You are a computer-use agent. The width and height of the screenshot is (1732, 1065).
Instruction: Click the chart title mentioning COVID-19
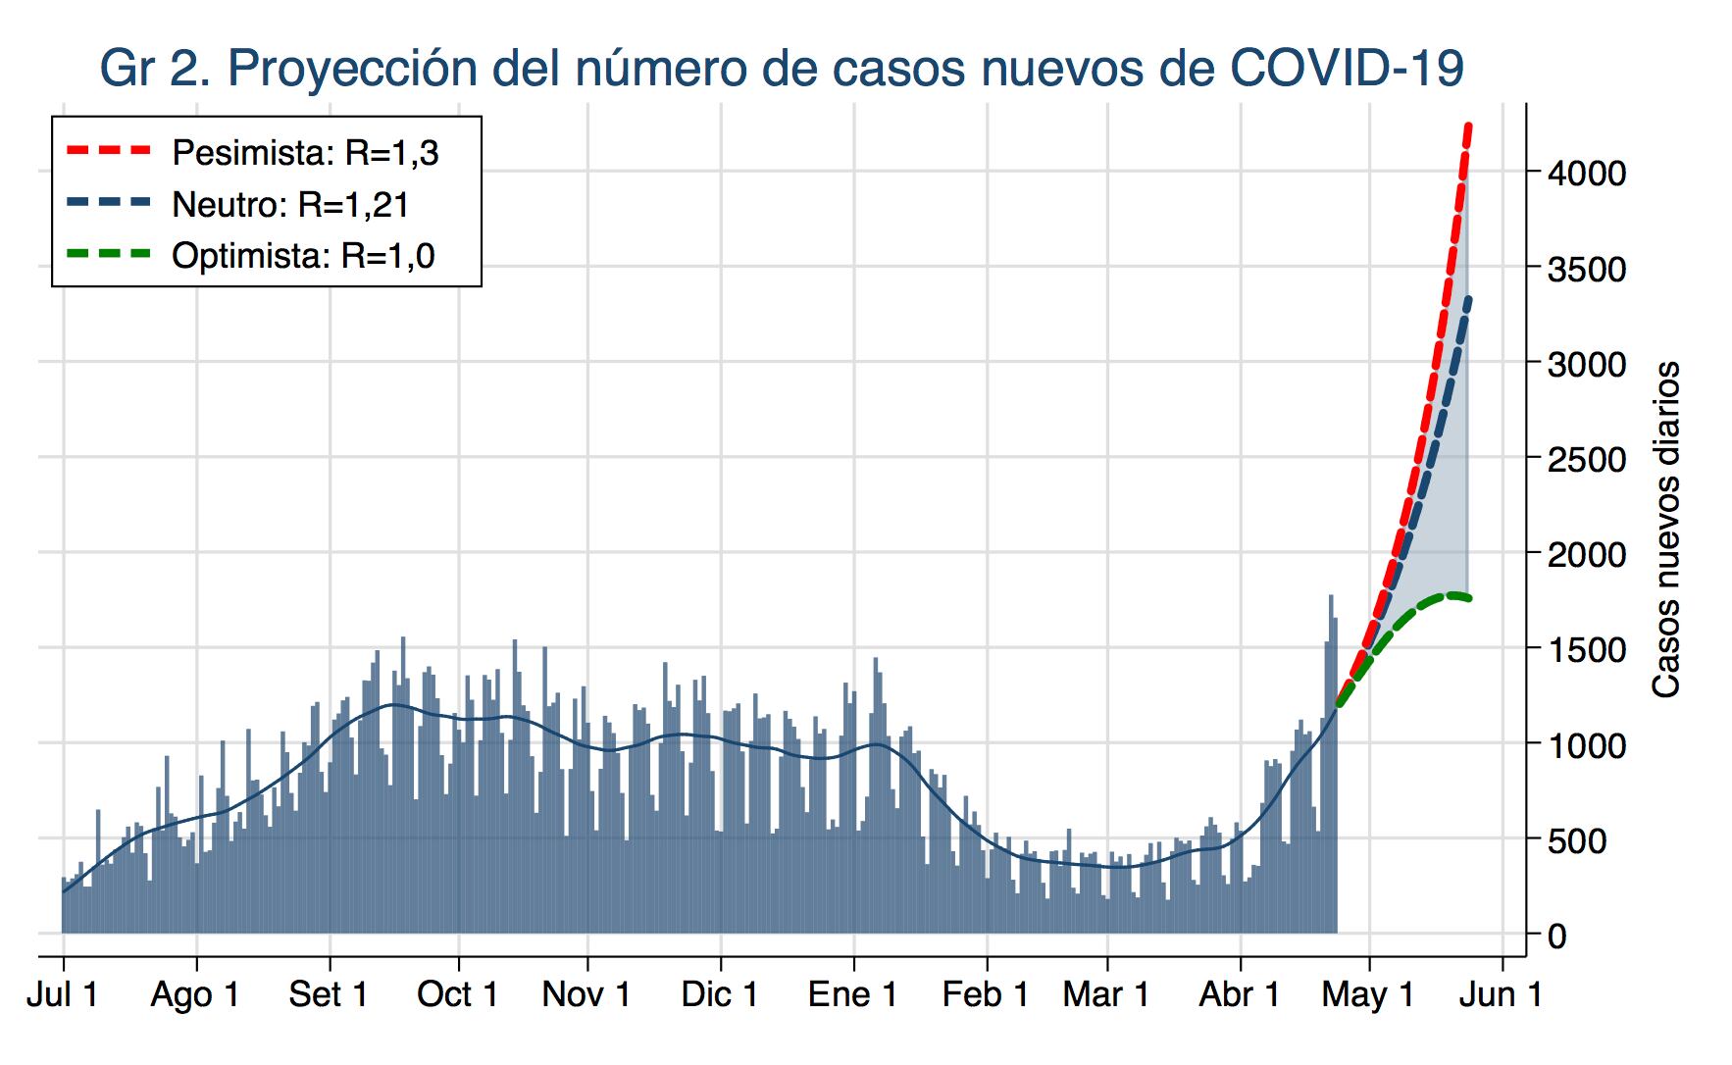(782, 69)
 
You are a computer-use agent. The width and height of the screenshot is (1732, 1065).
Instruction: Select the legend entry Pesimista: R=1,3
(305, 153)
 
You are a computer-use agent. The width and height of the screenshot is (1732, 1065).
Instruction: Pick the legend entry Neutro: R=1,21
(290, 204)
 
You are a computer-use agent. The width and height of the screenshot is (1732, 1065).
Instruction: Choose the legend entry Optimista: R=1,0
(303, 256)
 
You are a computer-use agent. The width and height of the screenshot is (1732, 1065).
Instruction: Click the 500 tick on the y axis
(1576, 840)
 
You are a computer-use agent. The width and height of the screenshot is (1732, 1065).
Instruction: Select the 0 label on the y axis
(1557, 936)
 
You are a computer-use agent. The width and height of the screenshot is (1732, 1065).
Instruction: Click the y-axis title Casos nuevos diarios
(1666, 530)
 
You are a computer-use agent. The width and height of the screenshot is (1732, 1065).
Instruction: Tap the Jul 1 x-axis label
(63, 994)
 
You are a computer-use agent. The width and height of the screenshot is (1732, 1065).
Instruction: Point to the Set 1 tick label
(329, 994)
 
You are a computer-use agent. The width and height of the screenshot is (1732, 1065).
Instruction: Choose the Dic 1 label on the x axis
(720, 994)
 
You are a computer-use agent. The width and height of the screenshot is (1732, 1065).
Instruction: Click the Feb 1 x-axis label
(986, 994)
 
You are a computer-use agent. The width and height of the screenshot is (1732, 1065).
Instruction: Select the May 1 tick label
(1368, 994)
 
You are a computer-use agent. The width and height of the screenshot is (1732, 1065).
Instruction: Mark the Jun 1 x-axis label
(1502, 994)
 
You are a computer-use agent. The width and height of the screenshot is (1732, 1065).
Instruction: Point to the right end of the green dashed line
(1468, 598)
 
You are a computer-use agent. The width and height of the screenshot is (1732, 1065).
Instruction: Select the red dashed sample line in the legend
(110, 151)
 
